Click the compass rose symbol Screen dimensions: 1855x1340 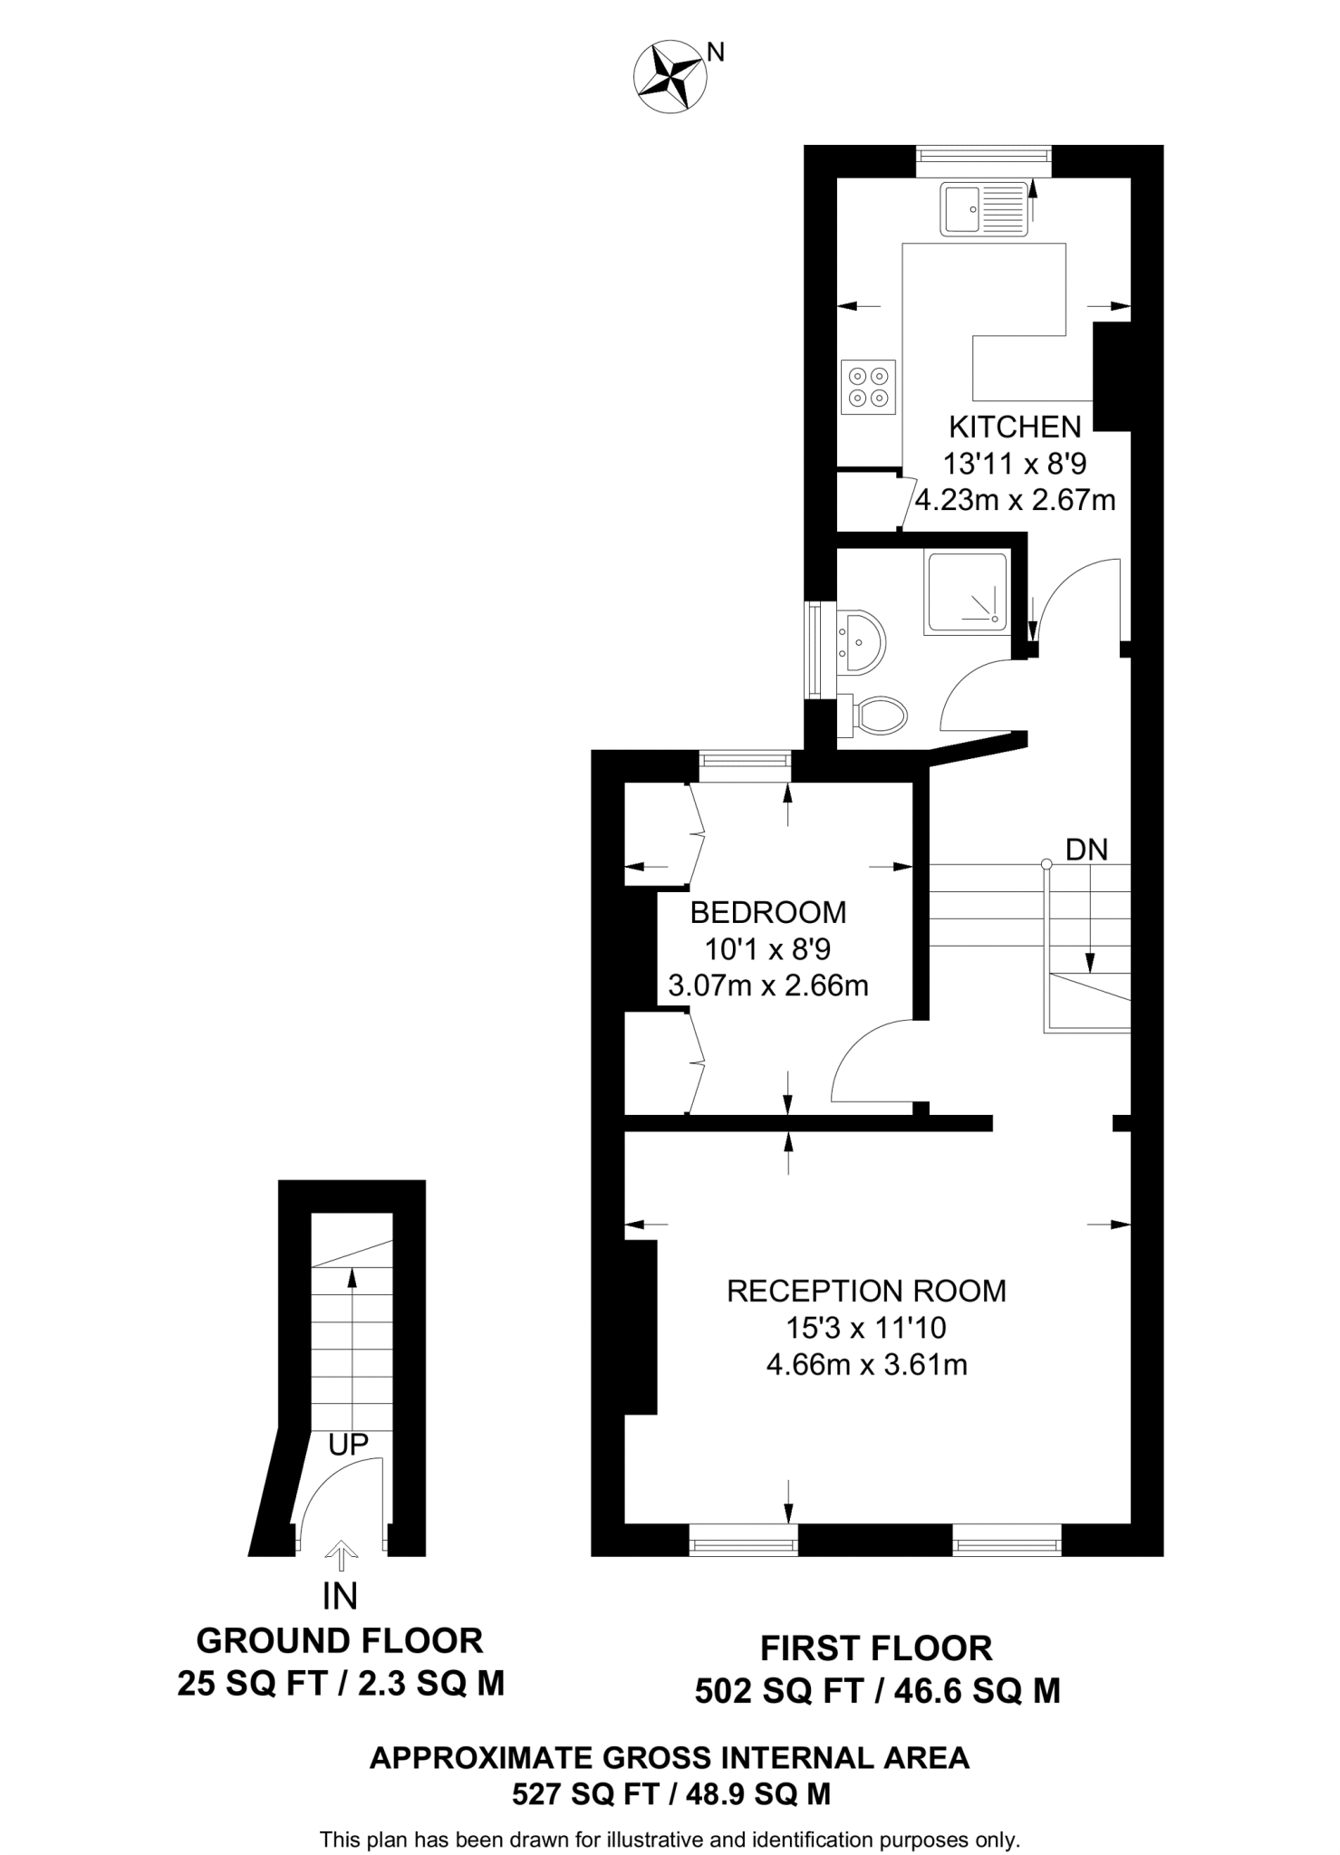pyautogui.click(x=670, y=79)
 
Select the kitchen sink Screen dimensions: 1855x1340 pyautogui.click(x=983, y=208)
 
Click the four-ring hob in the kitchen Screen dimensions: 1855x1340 pyautogui.click(x=868, y=387)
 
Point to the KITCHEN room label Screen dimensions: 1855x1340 pyautogui.click(x=1014, y=427)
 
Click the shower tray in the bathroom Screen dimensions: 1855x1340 pyautogui.click(x=967, y=592)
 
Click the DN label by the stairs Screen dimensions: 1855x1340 pyautogui.click(x=1086, y=849)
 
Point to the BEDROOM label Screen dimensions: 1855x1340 pyautogui.click(x=767, y=912)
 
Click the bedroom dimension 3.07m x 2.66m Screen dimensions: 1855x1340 pyautogui.click(x=767, y=985)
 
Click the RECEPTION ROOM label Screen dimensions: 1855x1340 pyautogui.click(x=866, y=1291)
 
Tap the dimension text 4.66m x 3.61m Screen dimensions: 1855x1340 pyautogui.click(x=866, y=1364)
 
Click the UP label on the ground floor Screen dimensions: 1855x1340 pyautogui.click(x=349, y=1444)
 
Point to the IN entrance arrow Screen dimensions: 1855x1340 pyautogui.click(x=341, y=1557)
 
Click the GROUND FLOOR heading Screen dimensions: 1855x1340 pyautogui.click(x=340, y=1640)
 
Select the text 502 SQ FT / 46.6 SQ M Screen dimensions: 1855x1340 pyautogui.click(x=876, y=1690)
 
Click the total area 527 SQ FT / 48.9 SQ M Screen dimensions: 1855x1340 pyautogui.click(x=670, y=1793)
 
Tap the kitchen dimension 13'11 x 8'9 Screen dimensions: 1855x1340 pyautogui.click(x=1014, y=464)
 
